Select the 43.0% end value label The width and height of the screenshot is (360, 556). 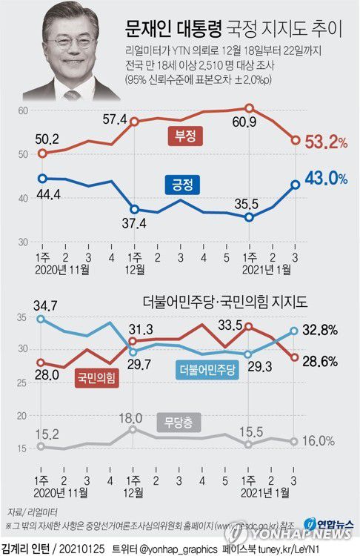coord(326,179)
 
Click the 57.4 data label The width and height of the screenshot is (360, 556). coord(136,99)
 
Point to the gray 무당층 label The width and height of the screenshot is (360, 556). coord(178,425)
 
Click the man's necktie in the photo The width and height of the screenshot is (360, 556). coord(73,96)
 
